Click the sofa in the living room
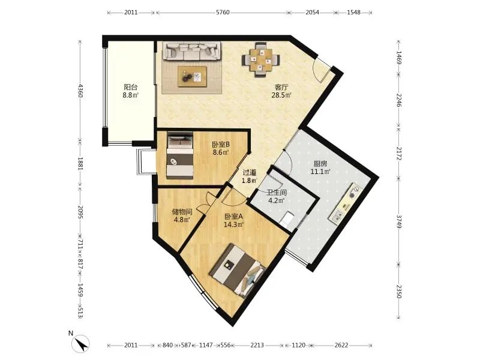pos(192,51)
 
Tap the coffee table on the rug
pos(192,76)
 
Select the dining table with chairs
pos(261,60)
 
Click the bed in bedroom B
pos(180,155)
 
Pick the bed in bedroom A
pos(238,271)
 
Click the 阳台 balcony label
pos(131,87)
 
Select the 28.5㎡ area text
pos(281,95)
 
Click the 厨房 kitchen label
pos(320,164)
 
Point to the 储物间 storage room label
pos(182,212)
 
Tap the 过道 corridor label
pos(250,173)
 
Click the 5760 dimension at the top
pos(223,13)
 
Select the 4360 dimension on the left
pos(80,91)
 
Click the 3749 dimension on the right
pos(399,221)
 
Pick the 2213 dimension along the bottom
pos(257,346)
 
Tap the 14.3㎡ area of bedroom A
pos(234,224)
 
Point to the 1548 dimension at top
pos(353,13)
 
